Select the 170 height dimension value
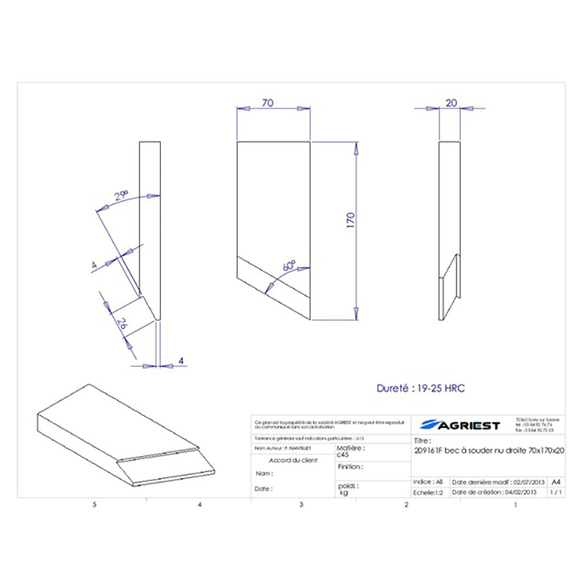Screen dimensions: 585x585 click(x=350, y=220)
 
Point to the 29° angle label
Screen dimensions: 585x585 click(x=121, y=195)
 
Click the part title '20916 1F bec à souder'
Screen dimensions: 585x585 click(x=488, y=451)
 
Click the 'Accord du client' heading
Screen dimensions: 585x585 click(x=293, y=460)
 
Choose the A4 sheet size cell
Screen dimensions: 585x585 click(x=556, y=482)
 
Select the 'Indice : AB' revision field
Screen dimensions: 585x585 click(x=429, y=483)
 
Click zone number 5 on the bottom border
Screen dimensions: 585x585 click(x=94, y=505)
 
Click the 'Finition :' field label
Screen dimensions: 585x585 click(x=350, y=466)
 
